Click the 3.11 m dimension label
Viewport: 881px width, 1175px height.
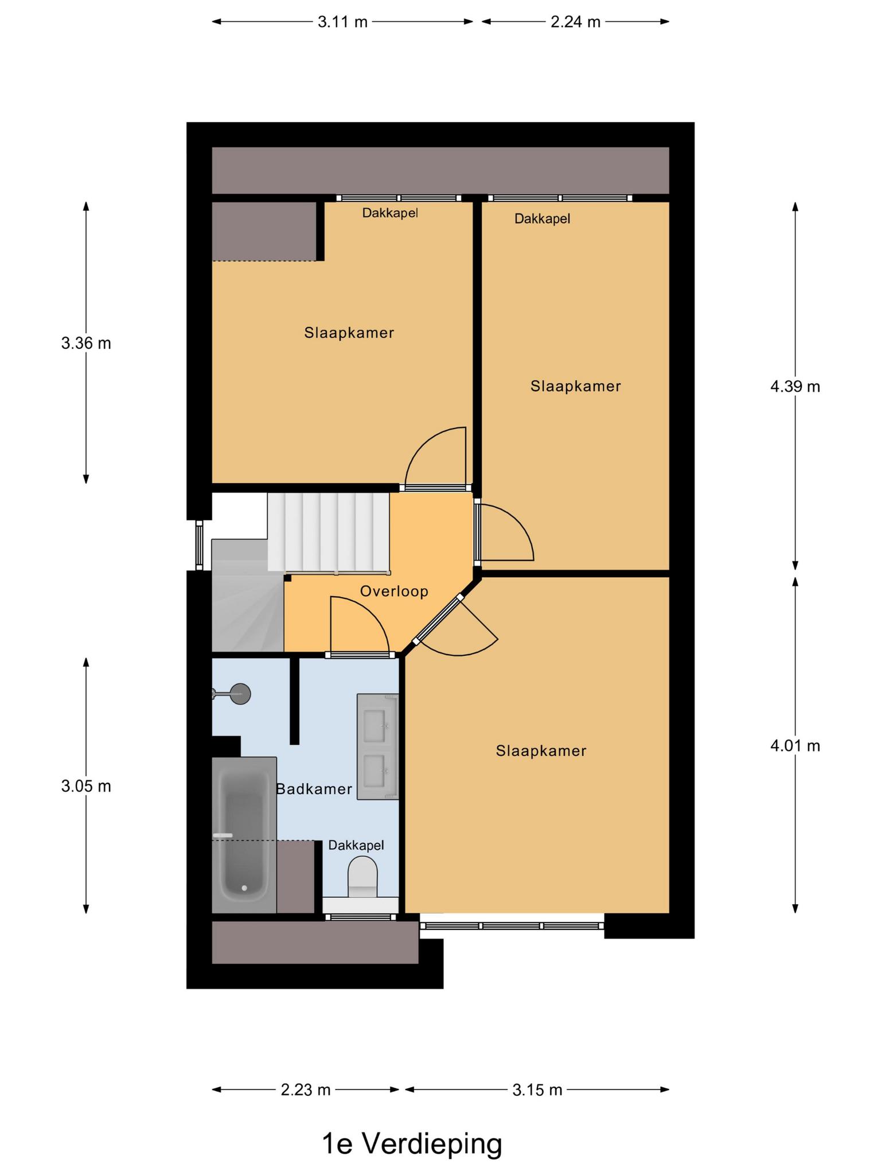(342, 22)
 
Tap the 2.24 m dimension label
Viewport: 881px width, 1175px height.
(575, 22)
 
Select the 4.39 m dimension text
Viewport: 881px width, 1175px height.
(795, 387)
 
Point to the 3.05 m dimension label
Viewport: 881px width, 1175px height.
(86, 786)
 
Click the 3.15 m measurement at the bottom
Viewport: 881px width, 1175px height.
(537, 1090)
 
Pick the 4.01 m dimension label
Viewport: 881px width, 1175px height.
(795, 746)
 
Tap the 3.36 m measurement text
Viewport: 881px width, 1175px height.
(86, 343)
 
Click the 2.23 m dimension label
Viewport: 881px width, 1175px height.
(306, 1090)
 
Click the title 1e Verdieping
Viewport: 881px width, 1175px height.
(412, 1144)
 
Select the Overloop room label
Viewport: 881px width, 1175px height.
(394, 591)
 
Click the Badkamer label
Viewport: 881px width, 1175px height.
(314, 789)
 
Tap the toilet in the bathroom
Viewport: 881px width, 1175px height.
(362, 877)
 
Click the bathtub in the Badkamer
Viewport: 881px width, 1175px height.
(244, 835)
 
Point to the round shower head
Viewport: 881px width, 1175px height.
(240, 694)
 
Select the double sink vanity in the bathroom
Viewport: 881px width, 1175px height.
(377, 746)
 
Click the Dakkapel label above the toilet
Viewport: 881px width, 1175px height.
(356, 845)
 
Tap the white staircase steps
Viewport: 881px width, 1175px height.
(329, 533)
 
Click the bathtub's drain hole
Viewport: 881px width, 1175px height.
(244, 888)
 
